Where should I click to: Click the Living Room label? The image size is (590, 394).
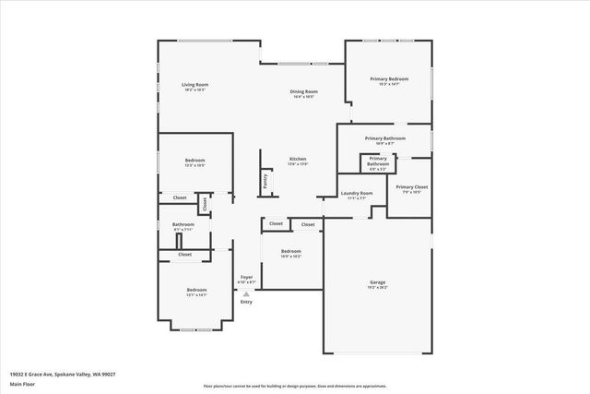click(x=193, y=85)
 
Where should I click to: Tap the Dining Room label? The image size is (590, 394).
click(x=304, y=91)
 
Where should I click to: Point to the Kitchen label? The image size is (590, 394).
click(x=298, y=159)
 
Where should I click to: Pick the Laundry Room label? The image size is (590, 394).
click(x=356, y=193)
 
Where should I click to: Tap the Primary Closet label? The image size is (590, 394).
click(x=411, y=187)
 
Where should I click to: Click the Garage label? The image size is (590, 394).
click(x=378, y=282)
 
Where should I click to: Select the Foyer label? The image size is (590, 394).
click(x=246, y=276)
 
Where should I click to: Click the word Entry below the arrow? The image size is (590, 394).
click(x=246, y=302)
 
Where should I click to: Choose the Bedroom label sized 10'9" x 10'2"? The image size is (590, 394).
click(x=290, y=252)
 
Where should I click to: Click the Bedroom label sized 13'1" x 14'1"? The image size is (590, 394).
click(x=195, y=290)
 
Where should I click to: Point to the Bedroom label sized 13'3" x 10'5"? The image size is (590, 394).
click(x=195, y=161)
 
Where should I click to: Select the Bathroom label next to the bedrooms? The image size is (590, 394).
click(x=183, y=224)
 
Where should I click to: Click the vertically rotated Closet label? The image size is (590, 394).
click(x=205, y=203)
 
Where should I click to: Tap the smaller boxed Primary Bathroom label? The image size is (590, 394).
click(x=379, y=164)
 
